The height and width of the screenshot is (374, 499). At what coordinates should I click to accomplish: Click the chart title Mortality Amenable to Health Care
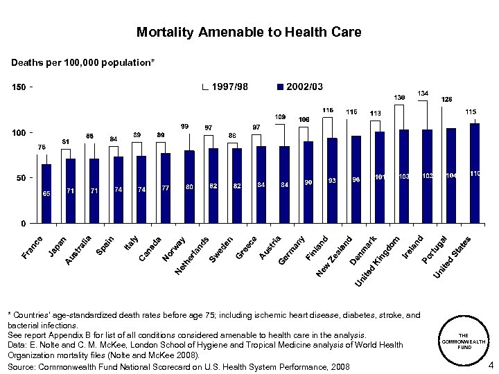point(249,33)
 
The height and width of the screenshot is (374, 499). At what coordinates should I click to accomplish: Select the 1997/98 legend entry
point(225,87)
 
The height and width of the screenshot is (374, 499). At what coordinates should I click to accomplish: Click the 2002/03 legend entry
point(299,87)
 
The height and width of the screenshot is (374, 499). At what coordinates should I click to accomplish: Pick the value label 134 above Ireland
point(423,93)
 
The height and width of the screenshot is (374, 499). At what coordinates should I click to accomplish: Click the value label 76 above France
point(42,147)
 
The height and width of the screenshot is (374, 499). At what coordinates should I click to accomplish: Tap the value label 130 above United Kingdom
point(400,97)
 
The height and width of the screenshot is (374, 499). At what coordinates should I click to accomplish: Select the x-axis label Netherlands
point(192,255)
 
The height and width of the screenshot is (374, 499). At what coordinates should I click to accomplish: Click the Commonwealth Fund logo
point(464,341)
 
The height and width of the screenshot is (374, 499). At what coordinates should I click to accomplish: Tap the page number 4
point(490,366)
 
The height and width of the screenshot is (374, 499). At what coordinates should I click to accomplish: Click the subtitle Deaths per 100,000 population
point(82,63)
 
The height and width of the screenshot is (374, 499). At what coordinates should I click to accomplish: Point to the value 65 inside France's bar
point(46,193)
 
